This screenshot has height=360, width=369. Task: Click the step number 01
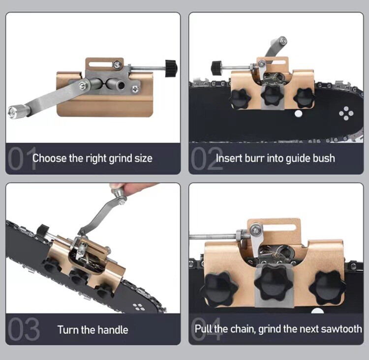[x=22, y=158]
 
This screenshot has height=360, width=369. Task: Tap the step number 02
[x=207, y=158]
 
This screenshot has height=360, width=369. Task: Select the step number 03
[x=24, y=329]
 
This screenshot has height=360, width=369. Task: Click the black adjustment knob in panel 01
[x=171, y=68]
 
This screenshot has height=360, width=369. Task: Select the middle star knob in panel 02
[x=272, y=95]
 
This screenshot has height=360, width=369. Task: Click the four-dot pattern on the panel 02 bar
[x=346, y=114]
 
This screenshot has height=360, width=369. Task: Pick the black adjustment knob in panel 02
[x=217, y=68]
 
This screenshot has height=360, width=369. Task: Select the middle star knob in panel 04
[x=274, y=281]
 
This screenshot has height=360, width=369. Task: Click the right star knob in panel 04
[x=328, y=288]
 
